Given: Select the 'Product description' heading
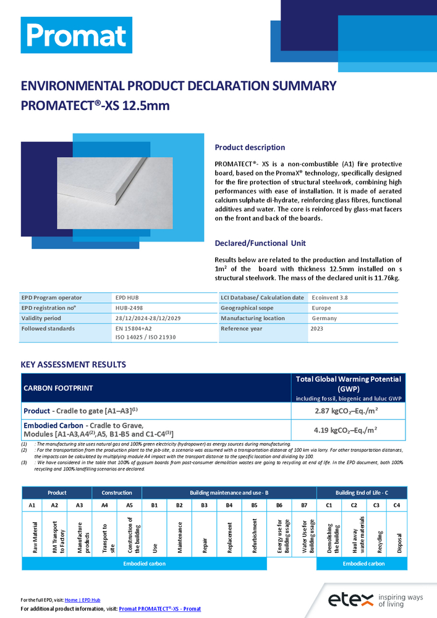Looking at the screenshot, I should (x=250, y=148).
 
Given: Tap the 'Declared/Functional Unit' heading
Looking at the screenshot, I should (x=260, y=243).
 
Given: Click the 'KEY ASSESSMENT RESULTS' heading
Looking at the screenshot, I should (x=74, y=365).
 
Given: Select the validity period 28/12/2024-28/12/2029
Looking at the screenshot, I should (x=149, y=318).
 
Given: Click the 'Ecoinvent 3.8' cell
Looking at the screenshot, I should (x=330, y=297).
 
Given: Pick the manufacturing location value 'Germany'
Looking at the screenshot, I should (x=325, y=318).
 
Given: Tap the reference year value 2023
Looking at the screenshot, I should (x=317, y=329).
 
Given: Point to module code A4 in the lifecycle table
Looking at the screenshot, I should (x=104, y=505).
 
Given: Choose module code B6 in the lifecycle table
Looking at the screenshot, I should (x=279, y=505).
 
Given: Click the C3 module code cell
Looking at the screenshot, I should (x=376, y=505).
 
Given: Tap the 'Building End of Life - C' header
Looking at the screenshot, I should (x=362, y=493).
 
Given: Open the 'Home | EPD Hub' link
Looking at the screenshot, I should (x=82, y=600).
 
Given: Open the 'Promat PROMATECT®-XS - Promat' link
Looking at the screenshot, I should (x=159, y=609).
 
